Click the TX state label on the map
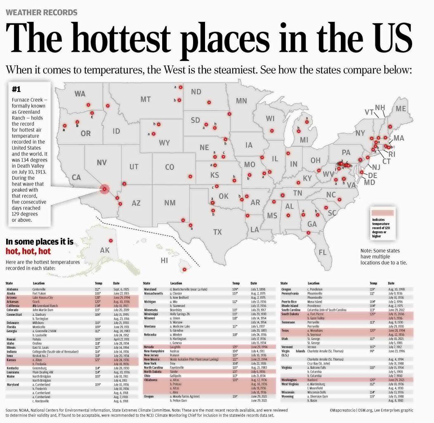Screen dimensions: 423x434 click(x=217, y=232)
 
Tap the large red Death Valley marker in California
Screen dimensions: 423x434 click(x=104, y=189)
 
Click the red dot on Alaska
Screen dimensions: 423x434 click(x=111, y=240)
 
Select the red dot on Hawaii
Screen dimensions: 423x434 click(x=184, y=270)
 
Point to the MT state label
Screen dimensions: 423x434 click(x=145, y=99)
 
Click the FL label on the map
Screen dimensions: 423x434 click(x=323, y=252)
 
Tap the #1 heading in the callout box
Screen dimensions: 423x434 click(x=17, y=89)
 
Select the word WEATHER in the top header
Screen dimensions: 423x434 click(x=24, y=12)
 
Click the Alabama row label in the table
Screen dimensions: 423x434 click(x=12, y=289)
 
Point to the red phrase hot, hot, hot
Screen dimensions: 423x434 click(x=28, y=251)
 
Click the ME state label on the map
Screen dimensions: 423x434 click(x=401, y=109)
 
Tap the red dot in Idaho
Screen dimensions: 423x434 click(x=108, y=106)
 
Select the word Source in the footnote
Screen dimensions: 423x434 click(x=12, y=411)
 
